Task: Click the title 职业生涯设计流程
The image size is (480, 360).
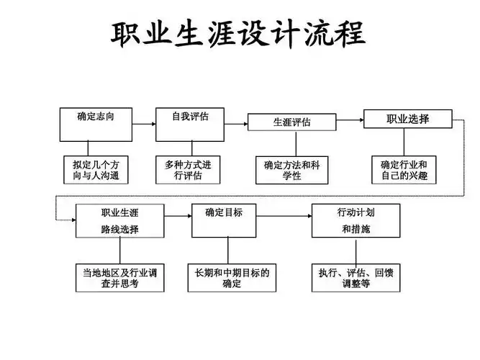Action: (238, 35)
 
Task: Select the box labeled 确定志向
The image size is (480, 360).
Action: (94, 124)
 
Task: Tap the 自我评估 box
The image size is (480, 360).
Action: (189, 124)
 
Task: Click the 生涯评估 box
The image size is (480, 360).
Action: (291, 122)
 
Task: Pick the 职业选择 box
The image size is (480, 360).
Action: (407, 119)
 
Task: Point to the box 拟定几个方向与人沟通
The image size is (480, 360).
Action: (95, 170)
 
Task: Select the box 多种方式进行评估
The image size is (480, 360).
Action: (188, 170)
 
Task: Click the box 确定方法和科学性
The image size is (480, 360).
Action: (291, 170)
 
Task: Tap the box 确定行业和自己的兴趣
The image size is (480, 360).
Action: (408, 170)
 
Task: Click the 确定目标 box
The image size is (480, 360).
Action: (224, 220)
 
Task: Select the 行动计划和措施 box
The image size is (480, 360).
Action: (356, 220)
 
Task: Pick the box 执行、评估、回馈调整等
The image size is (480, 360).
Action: (355, 278)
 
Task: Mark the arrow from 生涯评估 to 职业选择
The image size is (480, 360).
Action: (349, 120)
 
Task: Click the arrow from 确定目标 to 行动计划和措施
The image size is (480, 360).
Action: (284, 220)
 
